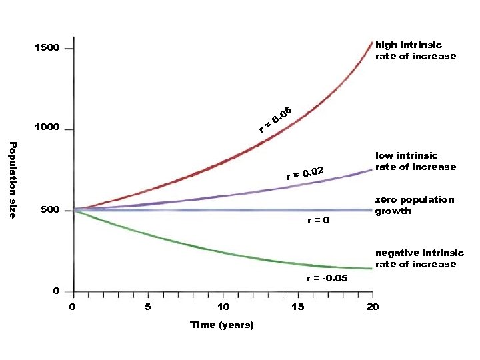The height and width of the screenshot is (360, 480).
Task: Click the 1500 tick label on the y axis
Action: tap(47, 48)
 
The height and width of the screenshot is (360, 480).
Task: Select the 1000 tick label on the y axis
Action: tap(47, 127)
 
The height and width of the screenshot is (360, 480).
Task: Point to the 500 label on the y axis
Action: tap(49, 210)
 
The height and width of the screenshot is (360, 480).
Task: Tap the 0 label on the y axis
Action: tap(56, 291)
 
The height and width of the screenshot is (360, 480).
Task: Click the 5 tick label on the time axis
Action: tap(148, 307)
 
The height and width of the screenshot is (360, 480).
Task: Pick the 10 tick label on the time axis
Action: tap(223, 307)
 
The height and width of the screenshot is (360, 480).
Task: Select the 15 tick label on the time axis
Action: tap(297, 307)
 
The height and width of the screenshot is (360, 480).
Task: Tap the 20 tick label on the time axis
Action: tap(373, 307)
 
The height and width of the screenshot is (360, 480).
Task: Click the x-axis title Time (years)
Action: tap(222, 325)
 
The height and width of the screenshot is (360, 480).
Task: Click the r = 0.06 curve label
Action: tap(276, 119)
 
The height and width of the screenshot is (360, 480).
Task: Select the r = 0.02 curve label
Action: tap(305, 173)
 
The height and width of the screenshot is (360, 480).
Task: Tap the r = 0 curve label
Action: tap(318, 221)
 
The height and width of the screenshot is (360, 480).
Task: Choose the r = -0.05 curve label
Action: tap(326, 278)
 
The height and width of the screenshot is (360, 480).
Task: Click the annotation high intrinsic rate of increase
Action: tap(415, 51)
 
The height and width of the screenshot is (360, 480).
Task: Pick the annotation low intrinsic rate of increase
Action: tap(415, 161)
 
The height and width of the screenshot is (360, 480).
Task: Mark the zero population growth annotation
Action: tap(414, 205)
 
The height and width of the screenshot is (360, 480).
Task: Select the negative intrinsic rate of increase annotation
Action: tap(419, 259)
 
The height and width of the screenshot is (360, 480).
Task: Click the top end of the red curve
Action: tap(372, 43)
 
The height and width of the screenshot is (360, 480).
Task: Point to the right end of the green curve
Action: tap(372, 269)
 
